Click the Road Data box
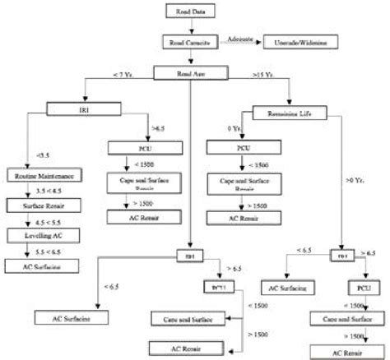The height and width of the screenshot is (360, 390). tap(191, 11)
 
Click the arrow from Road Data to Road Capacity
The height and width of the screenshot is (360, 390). tap(191, 25)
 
